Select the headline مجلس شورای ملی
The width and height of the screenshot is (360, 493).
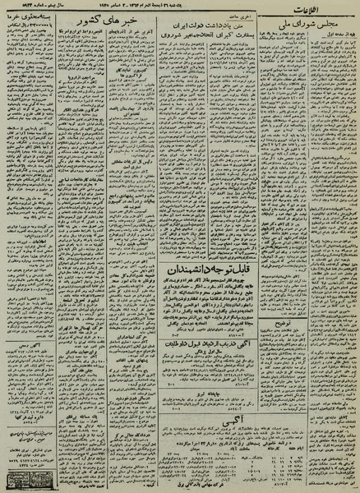[x=313, y=26]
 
